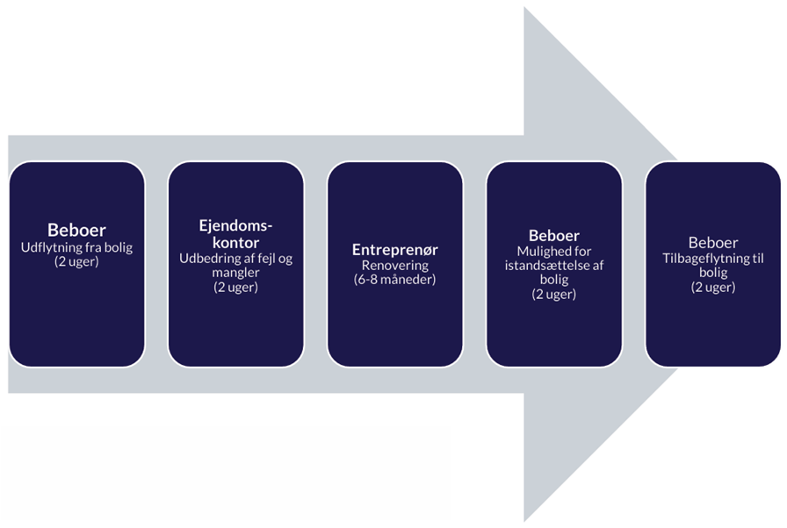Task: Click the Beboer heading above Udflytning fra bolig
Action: (76, 231)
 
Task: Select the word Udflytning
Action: (51, 247)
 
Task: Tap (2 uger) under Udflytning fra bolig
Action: (76, 261)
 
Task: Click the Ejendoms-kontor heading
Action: (235, 233)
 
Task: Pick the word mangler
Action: (235, 273)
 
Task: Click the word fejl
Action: (264, 259)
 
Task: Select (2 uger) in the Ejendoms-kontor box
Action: (235, 287)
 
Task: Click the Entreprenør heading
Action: (394, 249)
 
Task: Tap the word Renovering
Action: (394, 265)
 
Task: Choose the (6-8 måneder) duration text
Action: (394, 279)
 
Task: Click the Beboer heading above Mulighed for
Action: (553, 236)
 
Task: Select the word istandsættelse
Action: (546, 266)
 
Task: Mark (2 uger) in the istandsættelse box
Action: (553, 294)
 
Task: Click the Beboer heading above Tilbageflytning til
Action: (712, 242)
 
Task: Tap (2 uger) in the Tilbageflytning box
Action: (712, 286)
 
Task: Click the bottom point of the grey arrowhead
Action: (526, 519)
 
